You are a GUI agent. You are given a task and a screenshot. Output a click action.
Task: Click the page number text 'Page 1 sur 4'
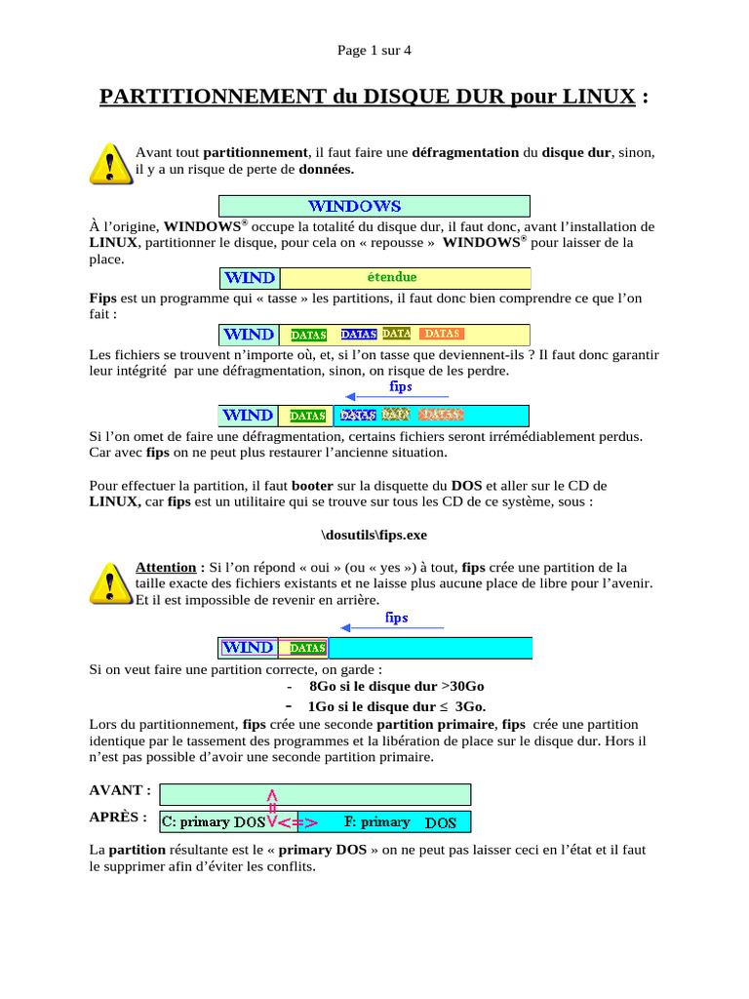374,51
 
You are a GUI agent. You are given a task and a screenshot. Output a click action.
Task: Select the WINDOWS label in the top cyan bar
354,206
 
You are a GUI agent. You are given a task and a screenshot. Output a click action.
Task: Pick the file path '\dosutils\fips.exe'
374,536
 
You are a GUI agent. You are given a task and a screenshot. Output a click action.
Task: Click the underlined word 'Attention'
166,567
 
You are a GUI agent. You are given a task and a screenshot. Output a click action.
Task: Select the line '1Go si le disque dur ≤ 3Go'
395,706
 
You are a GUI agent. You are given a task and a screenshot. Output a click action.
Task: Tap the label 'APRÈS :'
118,817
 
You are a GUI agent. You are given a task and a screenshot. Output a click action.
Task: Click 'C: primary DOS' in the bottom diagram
213,822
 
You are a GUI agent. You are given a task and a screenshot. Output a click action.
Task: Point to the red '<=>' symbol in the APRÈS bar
297,823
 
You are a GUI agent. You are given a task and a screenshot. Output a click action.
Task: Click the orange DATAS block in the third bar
442,334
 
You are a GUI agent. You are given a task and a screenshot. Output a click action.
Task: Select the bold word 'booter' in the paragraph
312,485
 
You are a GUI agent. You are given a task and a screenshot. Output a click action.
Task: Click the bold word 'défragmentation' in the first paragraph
465,152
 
